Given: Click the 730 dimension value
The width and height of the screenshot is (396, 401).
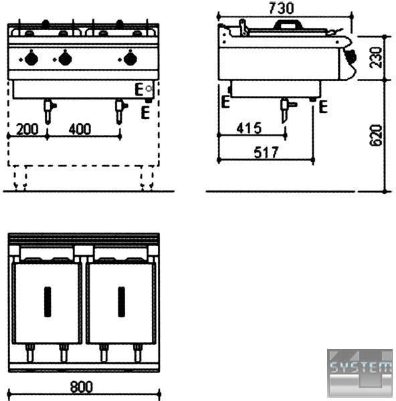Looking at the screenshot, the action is point(282,8).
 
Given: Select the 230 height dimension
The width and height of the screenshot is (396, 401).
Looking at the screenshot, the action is point(375,57).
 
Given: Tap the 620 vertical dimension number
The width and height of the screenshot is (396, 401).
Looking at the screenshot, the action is point(375,135).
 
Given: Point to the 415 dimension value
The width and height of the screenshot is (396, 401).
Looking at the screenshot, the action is point(249,128).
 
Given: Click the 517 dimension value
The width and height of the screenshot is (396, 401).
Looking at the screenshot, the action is point(266,152).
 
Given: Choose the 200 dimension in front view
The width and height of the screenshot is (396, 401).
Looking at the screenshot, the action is point(27,129).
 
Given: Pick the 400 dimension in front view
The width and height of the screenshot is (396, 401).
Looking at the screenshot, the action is point(80,129).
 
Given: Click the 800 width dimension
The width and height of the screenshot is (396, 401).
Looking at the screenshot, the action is point(82,387).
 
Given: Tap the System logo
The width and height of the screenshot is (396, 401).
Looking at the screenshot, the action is point(360,373).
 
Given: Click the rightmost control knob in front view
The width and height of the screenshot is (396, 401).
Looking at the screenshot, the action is point(130,59).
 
